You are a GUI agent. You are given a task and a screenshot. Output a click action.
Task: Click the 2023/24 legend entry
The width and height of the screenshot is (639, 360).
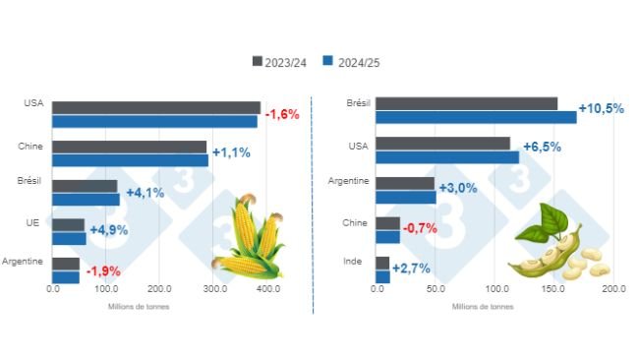(280, 61)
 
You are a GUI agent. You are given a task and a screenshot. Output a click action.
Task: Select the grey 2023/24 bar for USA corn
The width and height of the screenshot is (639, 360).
(156, 107)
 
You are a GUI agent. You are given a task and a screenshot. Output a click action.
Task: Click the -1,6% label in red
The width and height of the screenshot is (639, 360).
(283, 114)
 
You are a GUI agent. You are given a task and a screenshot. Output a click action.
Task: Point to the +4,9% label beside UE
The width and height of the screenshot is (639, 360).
(109, 230)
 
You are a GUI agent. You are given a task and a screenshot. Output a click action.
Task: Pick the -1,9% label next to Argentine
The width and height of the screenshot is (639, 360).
(103, 270)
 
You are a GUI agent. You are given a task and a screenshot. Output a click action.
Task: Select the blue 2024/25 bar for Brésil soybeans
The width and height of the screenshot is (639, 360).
(477, 117)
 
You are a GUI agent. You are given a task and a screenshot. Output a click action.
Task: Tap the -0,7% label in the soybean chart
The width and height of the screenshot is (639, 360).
(421, 228)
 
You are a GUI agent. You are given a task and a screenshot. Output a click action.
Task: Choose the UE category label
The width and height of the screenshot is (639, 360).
(31, 223)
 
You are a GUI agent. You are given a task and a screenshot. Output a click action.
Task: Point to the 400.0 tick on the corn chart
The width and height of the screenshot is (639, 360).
(266, 289)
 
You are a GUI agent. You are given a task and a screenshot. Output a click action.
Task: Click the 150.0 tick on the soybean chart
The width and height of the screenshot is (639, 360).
(555, 289)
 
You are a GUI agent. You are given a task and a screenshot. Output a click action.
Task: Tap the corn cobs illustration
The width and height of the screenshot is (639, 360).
(250, 238)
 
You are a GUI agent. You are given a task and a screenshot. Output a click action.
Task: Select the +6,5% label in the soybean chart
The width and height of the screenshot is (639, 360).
(542, 147)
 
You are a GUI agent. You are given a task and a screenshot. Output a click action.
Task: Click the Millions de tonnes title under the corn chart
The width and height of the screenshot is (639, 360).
(139, 306)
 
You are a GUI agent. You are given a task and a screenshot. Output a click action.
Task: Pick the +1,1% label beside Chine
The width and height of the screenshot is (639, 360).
(230, 152)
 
